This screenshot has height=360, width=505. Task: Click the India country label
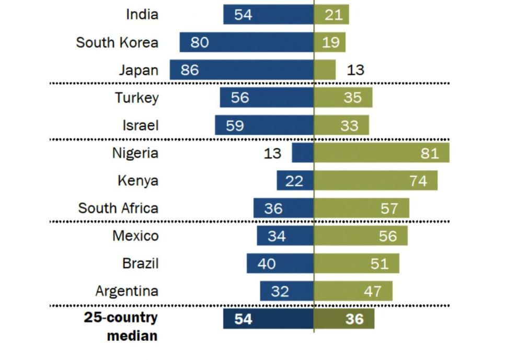(x=142, y=14)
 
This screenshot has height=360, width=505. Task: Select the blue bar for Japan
(x=242, y=70)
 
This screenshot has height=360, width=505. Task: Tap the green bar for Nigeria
(x=381, y=153)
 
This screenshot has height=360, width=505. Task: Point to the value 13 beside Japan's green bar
(x=355, y=70)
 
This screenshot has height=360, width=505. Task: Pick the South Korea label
(x=117, y=42)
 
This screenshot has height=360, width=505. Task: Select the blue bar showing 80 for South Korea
(x=247, y=42)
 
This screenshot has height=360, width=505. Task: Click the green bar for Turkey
(x=343, y=98)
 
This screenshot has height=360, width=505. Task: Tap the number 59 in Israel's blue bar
(x=234, y=126)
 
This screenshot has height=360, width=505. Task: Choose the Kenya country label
(x=137, y=181)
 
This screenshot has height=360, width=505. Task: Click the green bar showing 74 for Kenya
(x=375, y=181)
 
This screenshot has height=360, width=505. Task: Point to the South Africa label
(x=118, y=208)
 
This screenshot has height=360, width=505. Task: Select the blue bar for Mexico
(x=285, y=236)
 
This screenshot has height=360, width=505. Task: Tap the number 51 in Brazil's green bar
(x=380, y=263)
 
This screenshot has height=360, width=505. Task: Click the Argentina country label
(x=127, y=291)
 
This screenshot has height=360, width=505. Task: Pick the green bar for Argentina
(x=353, y=291)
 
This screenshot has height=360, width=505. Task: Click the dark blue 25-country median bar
(x=268, y=319)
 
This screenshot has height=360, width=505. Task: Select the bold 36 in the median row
(x=354, y=319)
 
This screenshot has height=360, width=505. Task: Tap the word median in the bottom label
(x=132, y=335)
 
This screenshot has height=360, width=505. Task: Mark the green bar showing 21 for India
(x=331, y=15)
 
